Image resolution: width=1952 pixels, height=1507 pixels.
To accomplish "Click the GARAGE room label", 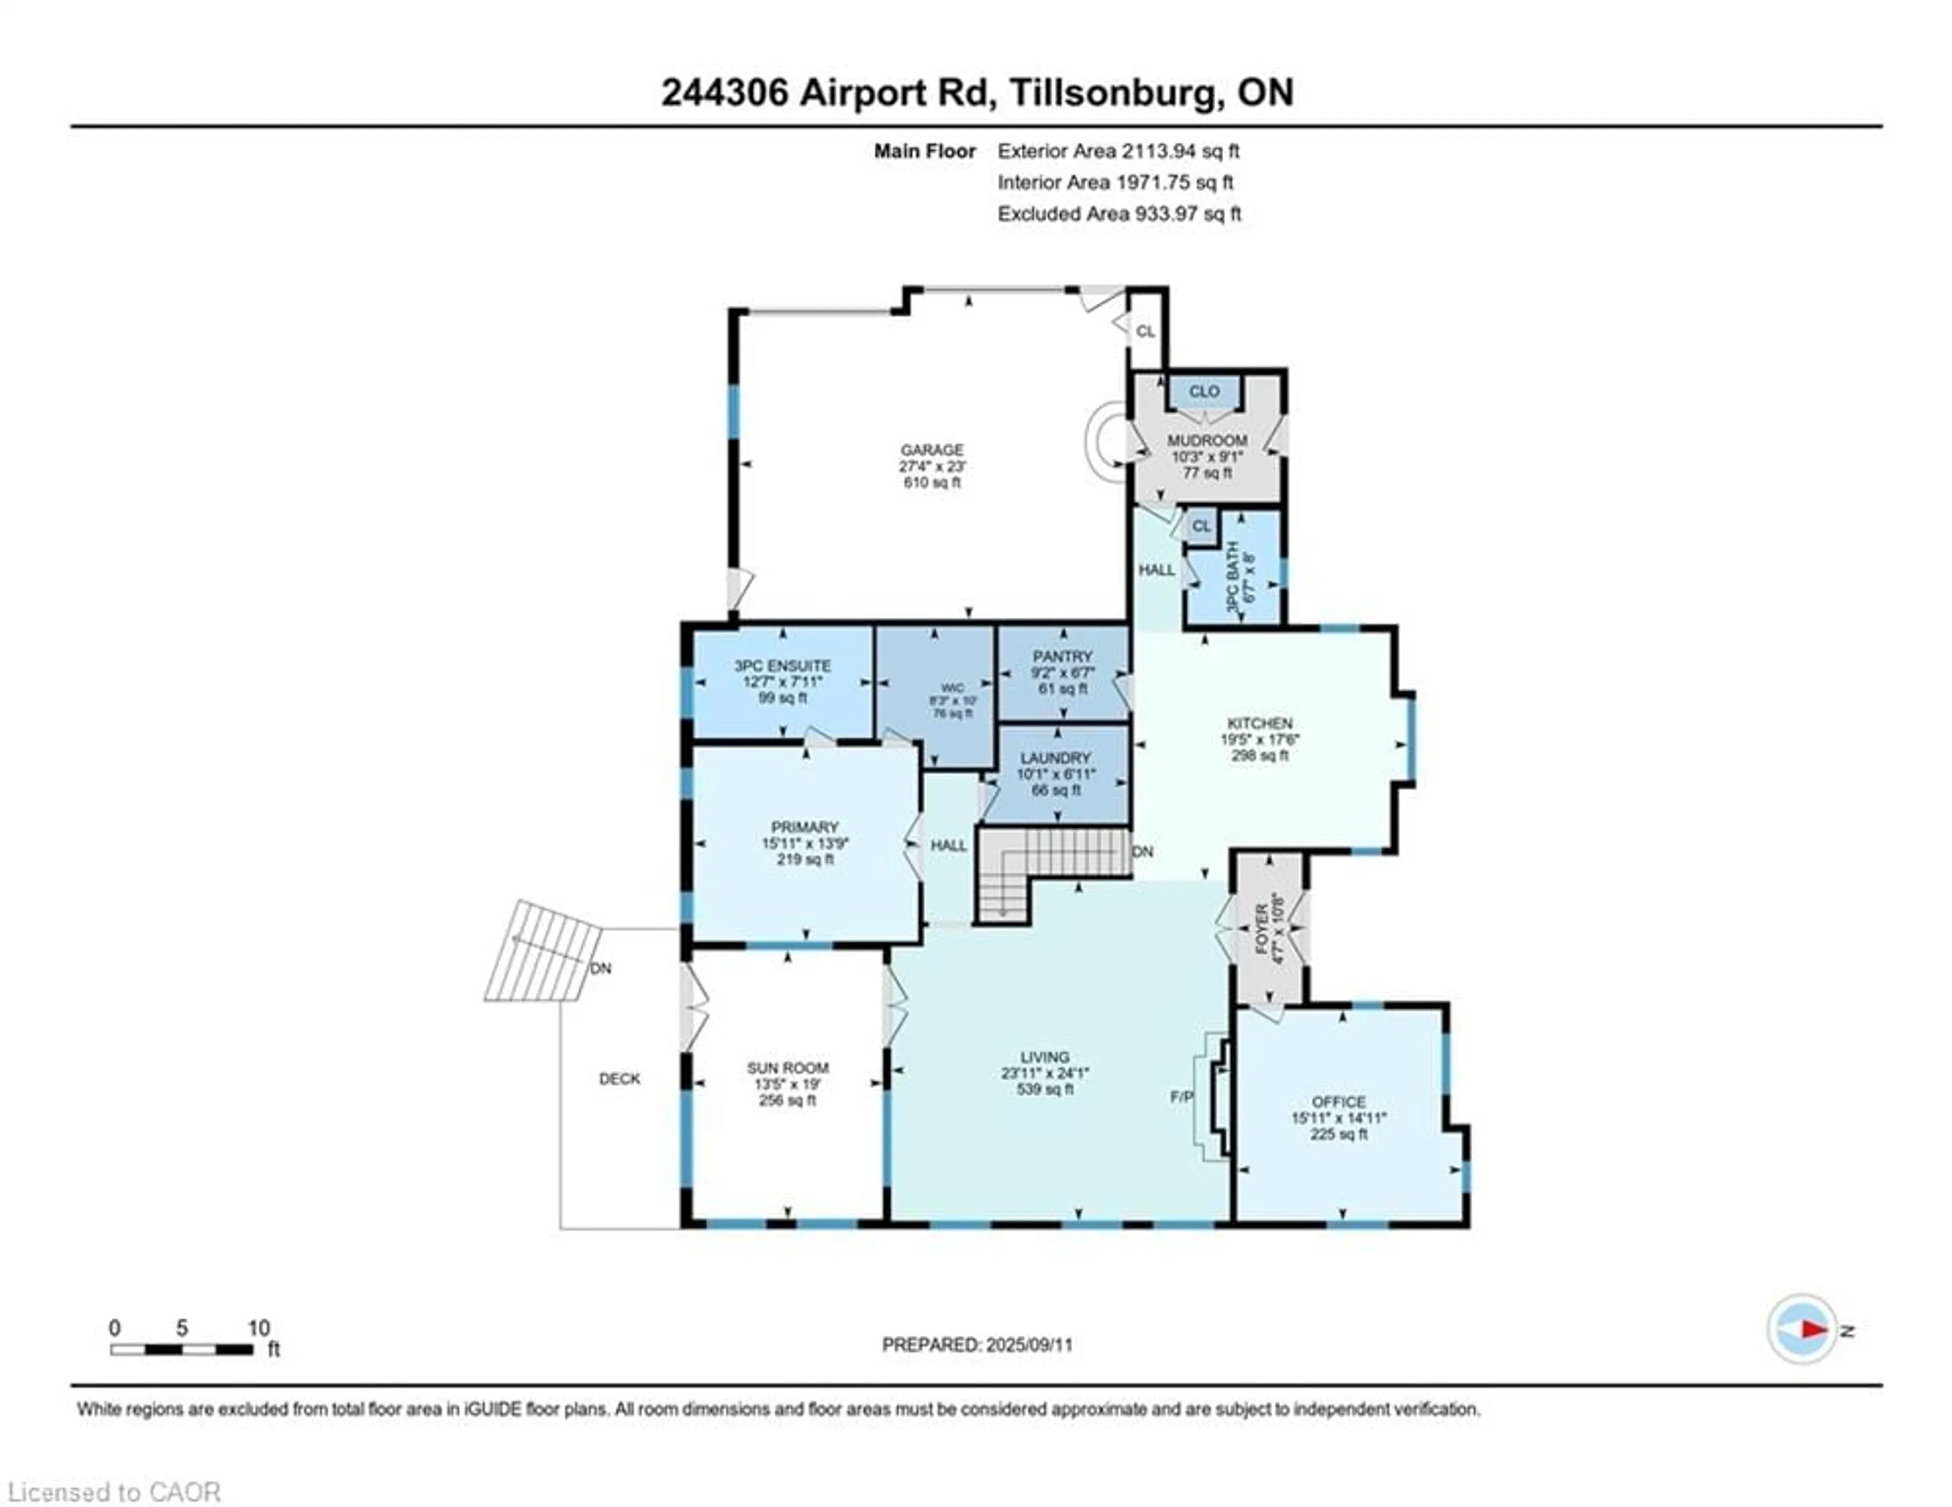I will coord(931,449).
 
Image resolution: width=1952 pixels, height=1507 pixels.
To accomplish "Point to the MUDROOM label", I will coord(1207,441).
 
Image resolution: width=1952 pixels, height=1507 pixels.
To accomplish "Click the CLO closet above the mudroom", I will coord(1204,391).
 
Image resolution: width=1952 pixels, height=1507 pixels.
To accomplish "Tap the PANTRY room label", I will coord(1063,656).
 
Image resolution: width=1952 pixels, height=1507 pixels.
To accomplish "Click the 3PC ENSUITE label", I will coord(782,666).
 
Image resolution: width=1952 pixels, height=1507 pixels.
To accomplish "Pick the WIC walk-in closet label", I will coord(953,688).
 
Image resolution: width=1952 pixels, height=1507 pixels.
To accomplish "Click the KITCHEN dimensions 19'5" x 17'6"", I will coord(1259,739).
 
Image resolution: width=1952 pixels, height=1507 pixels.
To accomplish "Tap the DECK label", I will coord(619,1079).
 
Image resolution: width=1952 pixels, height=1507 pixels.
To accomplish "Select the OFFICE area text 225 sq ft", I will coord(1338,1134).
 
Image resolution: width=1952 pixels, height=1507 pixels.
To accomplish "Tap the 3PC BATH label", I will coord(1233,577).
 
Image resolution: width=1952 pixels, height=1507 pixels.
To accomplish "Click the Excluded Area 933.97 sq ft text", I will coord(1119,214).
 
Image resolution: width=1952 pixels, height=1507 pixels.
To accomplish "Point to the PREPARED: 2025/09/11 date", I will coord(977,1344).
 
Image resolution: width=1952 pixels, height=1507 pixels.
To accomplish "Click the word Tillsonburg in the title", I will coord(1115,93).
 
